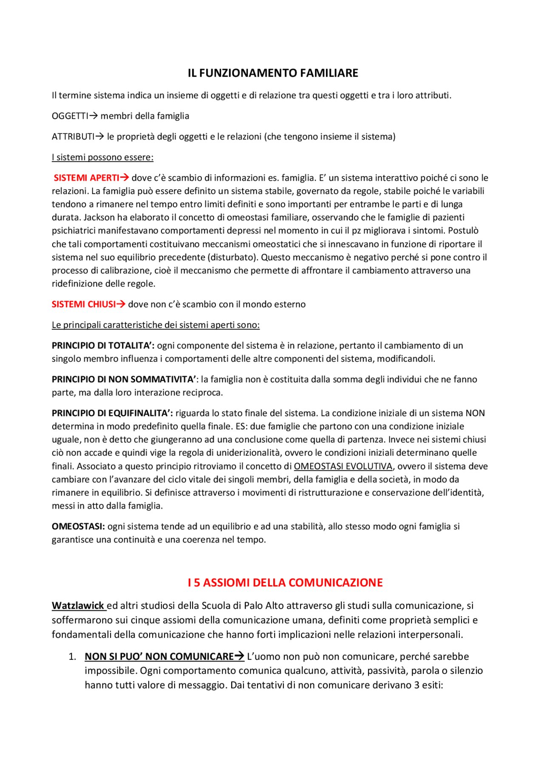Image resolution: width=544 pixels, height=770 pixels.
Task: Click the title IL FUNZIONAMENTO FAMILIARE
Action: [x=273, y=73]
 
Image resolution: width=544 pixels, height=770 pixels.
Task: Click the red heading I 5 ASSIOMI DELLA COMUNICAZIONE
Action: [x=285, y=582]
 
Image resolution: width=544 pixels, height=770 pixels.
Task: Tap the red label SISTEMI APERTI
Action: [x=86, y=178]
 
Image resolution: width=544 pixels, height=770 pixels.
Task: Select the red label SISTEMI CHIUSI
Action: [x=84, y=304]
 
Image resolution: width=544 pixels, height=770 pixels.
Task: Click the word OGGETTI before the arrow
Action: [x=70, y=116]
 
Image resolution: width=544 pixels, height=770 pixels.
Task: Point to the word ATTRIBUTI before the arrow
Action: [x=73, y=136]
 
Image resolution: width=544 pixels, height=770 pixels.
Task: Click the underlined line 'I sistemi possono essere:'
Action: [x=102, y=157]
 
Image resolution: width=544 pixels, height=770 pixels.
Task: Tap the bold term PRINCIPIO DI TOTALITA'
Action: [x=103, y=346]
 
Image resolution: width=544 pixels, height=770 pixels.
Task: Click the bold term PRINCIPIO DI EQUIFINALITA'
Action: [x=112, y=413]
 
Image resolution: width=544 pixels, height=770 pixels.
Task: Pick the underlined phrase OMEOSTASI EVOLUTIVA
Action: [x=343, y=466]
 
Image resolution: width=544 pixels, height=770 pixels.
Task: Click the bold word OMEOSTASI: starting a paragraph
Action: [x=78, y=526]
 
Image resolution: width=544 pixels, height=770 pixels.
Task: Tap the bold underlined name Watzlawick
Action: [x=78, y=605]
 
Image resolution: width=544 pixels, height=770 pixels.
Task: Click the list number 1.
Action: [x=72, y=656]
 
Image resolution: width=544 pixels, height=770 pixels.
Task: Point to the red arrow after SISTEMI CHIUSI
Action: [x=121, y=304]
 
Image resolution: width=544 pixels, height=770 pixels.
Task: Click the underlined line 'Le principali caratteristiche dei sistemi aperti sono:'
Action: [x=156, y=325]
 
